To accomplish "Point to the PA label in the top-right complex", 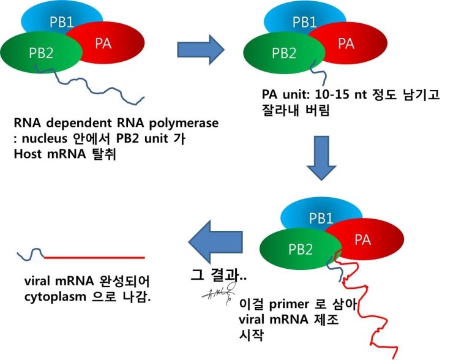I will click(x=346, y=43).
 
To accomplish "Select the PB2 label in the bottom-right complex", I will click(x=300, y=249).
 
